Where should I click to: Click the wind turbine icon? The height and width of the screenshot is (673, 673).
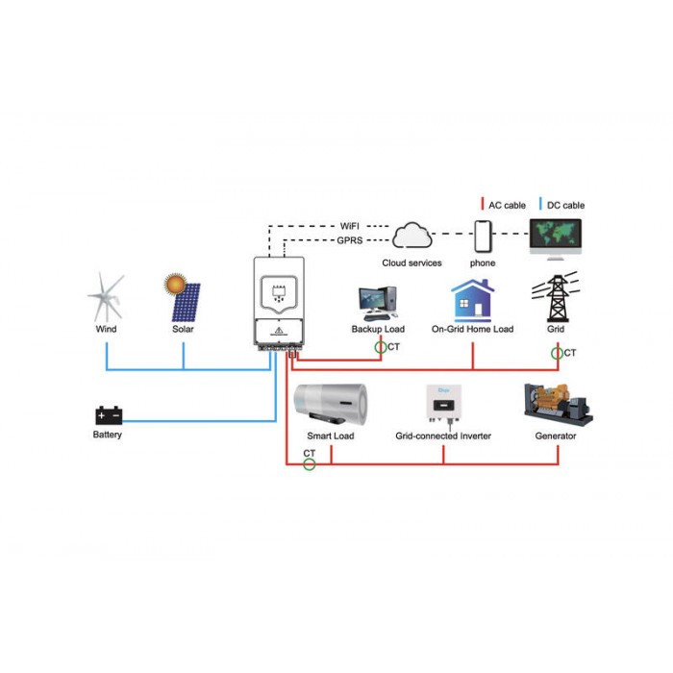pyautogui.click(x=106, y=297)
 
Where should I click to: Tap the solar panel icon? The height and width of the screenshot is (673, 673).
pyautogui.click(x=183, y=297)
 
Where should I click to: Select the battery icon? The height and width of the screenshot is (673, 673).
pyautogui.click(x=109, y=415)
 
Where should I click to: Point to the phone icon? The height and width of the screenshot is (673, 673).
pyautogui.click(x=483, y=237)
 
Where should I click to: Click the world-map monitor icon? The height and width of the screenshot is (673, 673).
pyautogui.click(x=556, y=238)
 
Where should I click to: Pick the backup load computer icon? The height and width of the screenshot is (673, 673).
pyautogui.click(x=378, y=304)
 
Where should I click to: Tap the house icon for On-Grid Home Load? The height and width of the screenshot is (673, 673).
pyautogui.click(x=473, y=300)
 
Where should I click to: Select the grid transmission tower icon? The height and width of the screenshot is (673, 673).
pyautogui.click(x=557, y=297)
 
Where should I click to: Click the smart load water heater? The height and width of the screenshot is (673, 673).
pyautogui.click(x=331, y=405)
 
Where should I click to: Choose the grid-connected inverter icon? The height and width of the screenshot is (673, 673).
pyautogui.click(x=444, y=406)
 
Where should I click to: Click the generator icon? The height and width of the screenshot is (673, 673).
pyautogui.click(x=558, y=405)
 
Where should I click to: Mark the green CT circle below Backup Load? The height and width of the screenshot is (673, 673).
pyautogui.click(x=381, y=347)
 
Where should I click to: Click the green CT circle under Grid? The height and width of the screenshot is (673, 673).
pyautogui.click(x=557, y=353)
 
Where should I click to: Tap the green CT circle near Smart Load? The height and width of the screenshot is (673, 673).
pyautogui.click(x=309, y=464)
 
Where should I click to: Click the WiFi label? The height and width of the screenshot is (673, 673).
pyautogui.click(x=349, y=226)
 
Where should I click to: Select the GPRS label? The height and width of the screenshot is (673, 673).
pyautogui.click(x=349, y=240)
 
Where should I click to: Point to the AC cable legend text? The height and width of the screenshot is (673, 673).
pyautogui.click(x=507, y=206)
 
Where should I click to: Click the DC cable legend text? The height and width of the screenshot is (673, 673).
pyautogui.click(x=565, y=206)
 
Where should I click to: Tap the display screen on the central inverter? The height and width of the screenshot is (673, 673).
pyautogui.click(x=279, y=293)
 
